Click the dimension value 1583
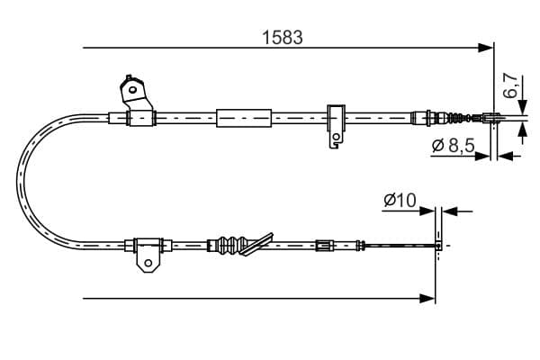[282, 37]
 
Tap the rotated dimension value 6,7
[510, 86]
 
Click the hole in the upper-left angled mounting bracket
[131, 90]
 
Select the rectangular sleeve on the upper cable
[243, 117]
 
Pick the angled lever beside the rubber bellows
[261, 241]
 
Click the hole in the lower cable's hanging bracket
[148, 262]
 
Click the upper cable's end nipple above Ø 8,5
[492, 116]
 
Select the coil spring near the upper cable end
[458, 116]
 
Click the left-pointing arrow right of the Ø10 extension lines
[451, 211]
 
